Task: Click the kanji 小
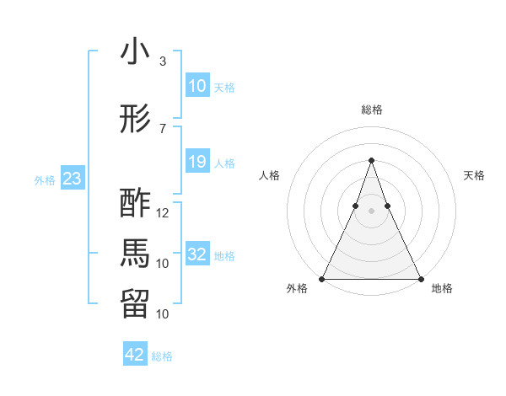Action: (x=136, y=52)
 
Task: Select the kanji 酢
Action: (x=136, y=204)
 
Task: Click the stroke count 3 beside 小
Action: (x=163, y=62)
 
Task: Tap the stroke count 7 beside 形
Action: (x=163, y=129)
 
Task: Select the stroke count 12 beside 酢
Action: (x=163, y=213)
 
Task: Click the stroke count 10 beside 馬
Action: (x=163, y=264)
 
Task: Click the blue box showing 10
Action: (x=196, y=86)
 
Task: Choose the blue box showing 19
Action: (x=196, y=162)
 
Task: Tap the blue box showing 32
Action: (x=196, y=254)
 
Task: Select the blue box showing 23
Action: (x=73, y=179)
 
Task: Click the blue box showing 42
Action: (x=135, y=355)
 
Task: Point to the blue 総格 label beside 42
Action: (x=162, y=356)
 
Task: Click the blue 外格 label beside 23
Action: (x=45, y=179)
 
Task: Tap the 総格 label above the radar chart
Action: (x=371, y=110)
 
